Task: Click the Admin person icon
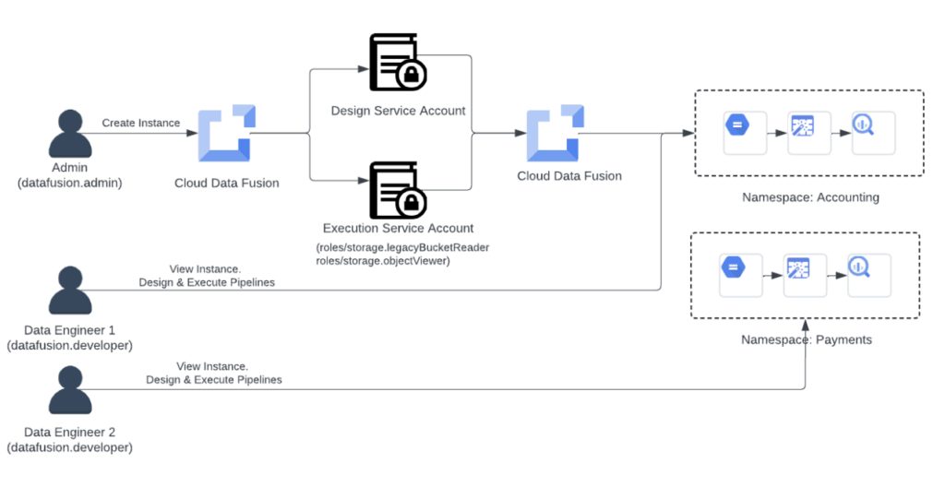click(70, 135)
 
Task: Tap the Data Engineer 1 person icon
click(70, 291)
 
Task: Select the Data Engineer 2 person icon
click(70, 391)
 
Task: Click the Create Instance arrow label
click(141, 123)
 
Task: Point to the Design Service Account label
click(398, 111)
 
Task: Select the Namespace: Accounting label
click(810, 197)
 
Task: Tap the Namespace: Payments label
click(806, 339)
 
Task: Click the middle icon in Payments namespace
click(797, 270)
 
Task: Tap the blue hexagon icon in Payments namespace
click(733, 268)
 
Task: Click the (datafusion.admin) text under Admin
click(70, 183)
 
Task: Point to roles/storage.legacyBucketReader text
click(402, 247)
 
